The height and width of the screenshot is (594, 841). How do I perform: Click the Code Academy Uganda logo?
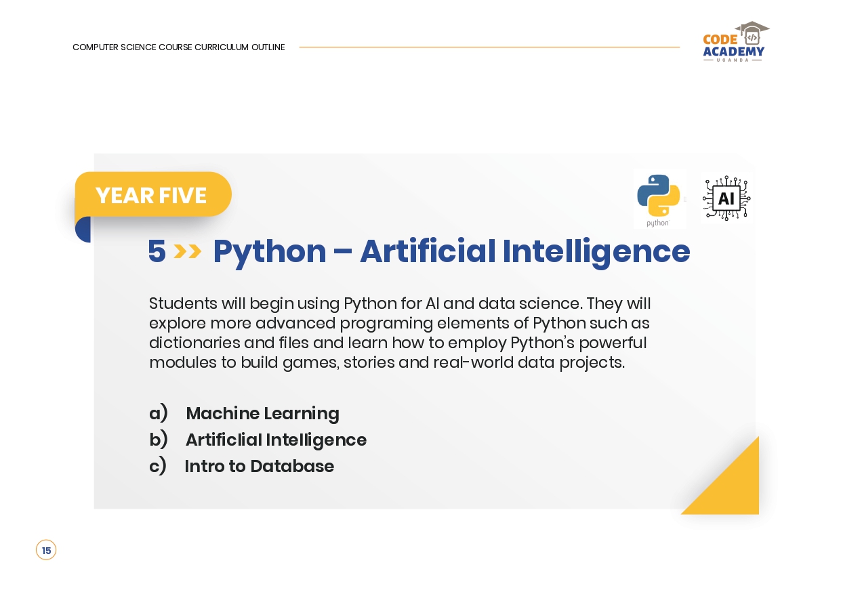[x=735, y=41]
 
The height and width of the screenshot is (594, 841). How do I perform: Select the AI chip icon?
[x=726, y=198]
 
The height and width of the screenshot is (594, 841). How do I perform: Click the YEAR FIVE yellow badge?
[x=153, y=194]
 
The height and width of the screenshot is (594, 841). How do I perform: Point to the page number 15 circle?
[x=46, y=550]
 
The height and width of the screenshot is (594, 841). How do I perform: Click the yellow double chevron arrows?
[x=188, y=251]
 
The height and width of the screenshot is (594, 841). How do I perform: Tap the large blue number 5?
[x=157, y=251]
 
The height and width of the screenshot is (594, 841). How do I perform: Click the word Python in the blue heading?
[x=270, y=252]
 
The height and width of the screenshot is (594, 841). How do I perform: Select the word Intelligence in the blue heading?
[x=596, y=252]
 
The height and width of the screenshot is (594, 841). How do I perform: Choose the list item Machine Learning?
[x=262, y=414]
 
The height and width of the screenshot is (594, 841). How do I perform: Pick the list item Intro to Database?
[x=260, y=466]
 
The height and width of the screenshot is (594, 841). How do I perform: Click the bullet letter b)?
[x=158, y=440]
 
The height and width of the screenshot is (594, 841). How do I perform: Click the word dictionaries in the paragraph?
[x=194, y=343]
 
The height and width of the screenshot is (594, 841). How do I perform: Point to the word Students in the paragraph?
[x=183, y=303]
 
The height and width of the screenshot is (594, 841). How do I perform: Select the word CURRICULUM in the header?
[x=222, y=47]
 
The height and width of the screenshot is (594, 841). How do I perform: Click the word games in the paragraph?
[x=311, y=363]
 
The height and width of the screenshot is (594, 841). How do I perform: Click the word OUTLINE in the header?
[x=268, y=47]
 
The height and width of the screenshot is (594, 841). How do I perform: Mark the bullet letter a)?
[x=158, y=412]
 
